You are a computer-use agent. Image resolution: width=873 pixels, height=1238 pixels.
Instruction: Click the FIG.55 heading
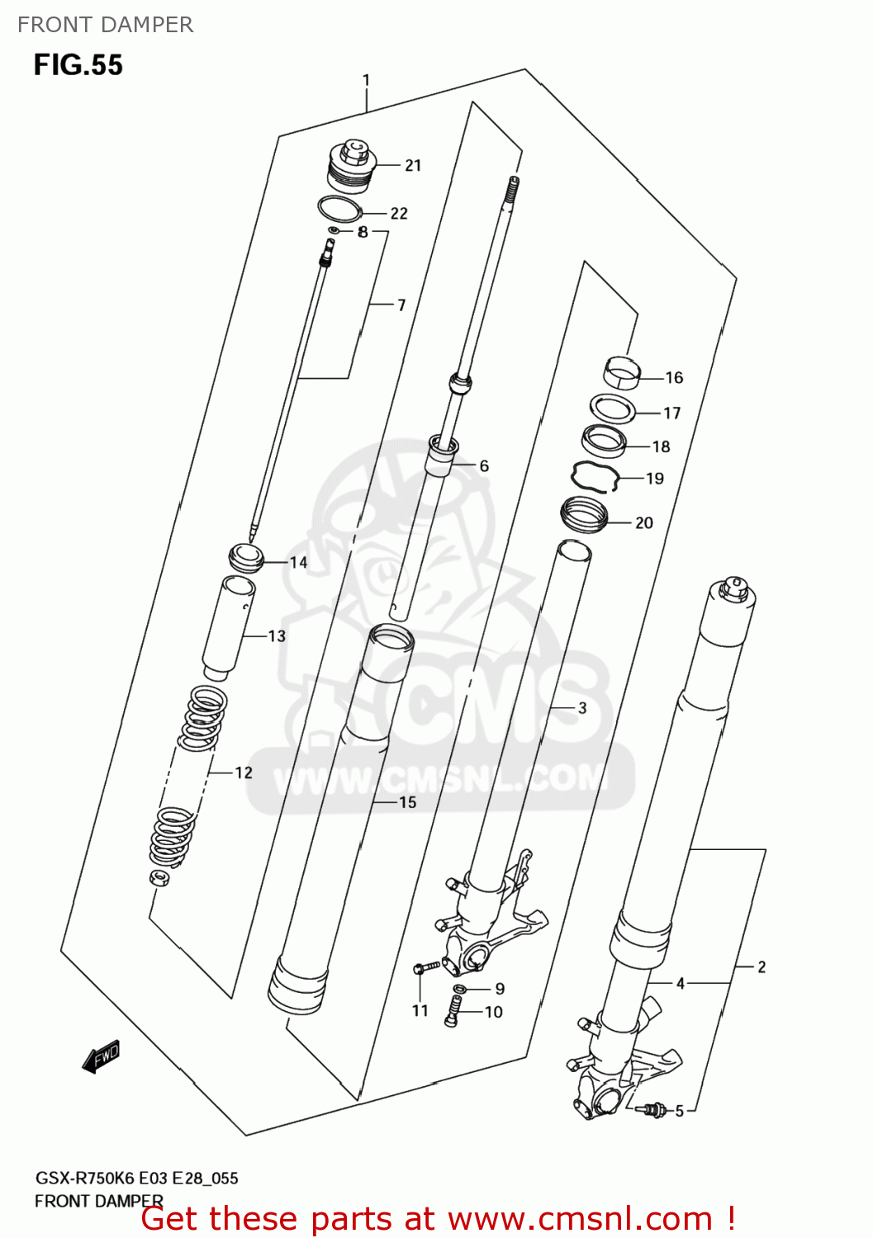78,65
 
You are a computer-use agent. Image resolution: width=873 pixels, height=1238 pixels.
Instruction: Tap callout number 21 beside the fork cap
413,166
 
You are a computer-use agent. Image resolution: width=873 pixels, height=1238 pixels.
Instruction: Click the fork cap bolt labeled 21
353,165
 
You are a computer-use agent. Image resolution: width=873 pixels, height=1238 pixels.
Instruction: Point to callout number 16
674,378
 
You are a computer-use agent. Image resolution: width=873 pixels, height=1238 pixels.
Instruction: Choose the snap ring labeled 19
595,477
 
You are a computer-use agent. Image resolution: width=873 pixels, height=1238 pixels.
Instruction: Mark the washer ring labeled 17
612,408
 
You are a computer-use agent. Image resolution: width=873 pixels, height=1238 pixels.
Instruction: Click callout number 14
298,563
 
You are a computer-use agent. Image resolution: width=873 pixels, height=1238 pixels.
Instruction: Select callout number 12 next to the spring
244,773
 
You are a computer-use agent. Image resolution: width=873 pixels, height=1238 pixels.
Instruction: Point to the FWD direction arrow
102,1057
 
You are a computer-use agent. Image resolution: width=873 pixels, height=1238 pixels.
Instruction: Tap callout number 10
493,1012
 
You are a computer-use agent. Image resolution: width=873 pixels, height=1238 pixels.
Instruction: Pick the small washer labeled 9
460,989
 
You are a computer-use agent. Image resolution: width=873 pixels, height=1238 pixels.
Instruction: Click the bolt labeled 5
653,1110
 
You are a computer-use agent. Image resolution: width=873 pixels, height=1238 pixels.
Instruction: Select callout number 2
762,967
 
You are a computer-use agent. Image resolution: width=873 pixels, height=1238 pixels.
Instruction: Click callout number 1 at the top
366,81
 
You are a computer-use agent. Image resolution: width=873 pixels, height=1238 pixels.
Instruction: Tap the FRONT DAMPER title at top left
105,25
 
